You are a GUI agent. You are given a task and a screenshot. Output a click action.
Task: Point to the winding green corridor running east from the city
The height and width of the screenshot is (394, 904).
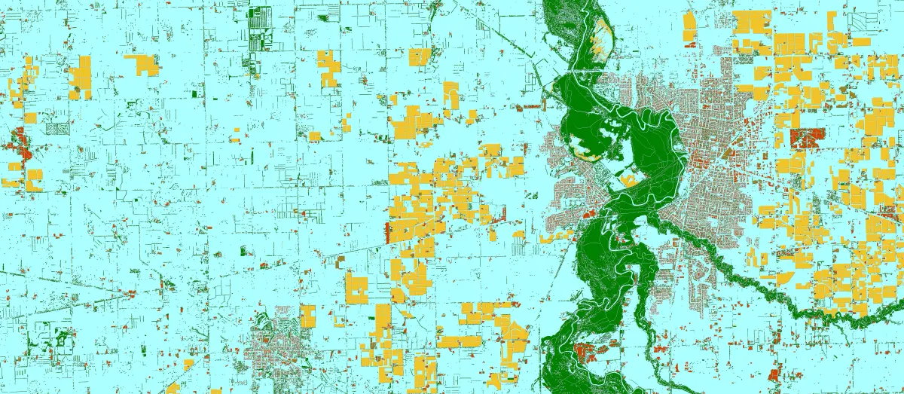753,286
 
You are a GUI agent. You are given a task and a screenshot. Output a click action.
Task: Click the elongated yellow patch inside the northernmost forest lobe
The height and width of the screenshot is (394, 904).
603,34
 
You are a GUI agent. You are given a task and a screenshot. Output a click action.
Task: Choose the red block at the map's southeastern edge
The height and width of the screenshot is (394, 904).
772,372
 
